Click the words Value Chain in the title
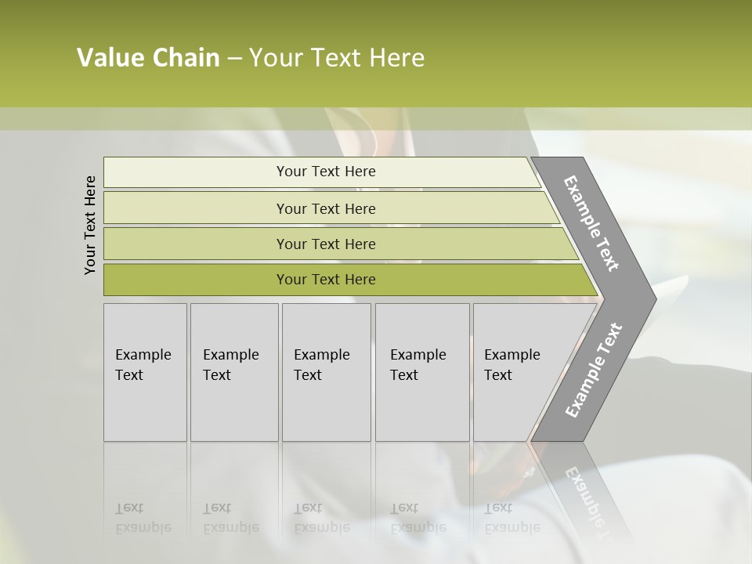(148, 58)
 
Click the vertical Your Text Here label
(90, 225)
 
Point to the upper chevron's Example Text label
(591, 223)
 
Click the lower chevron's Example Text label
(593, 370)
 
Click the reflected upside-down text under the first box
(143, 518)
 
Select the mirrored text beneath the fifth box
(512, 518)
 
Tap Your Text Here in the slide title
(337, 58)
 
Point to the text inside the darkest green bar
(326, 280)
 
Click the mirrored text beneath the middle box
(322, 518)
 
